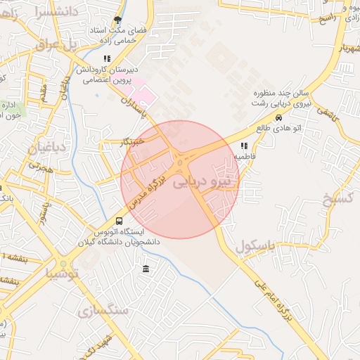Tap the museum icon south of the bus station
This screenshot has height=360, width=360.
[146, 269]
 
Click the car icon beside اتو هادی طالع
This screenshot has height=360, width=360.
[279, 118]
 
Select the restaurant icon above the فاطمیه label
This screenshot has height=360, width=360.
[244, 146]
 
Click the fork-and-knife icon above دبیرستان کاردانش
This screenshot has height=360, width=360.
[106, 59]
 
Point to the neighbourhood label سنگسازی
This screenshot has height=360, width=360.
[104, 309]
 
